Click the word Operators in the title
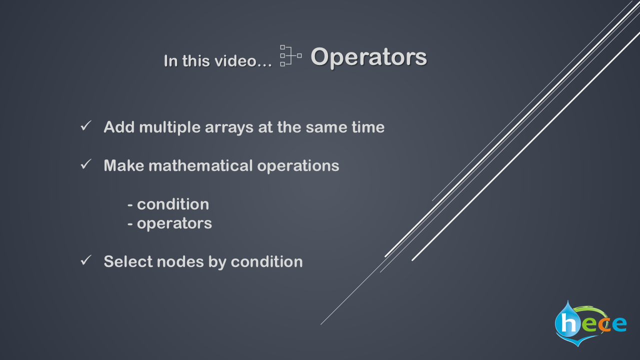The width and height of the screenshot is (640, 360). (368, 57)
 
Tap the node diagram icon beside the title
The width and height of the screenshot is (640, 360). (291, 55)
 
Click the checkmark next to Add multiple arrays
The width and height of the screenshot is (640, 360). (86, 125)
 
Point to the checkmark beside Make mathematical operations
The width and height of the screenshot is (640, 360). (86, 164)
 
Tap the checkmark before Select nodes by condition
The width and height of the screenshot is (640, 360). (86, 260)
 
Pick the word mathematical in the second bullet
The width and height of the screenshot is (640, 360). (200, 165)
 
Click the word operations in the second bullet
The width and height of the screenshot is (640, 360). (298, 166)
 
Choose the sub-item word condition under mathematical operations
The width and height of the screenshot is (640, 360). (173, 204)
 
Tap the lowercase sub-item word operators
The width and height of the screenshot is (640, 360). (174, 223)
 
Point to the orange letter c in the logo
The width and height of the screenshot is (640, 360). (604, 324)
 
